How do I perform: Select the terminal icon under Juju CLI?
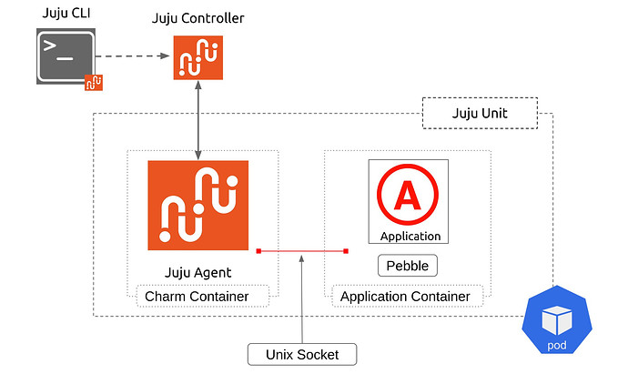tap(66, 56)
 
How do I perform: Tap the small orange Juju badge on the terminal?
tap(93, 83)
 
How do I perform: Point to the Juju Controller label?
tap(198, 18)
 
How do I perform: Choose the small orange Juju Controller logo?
tap(198, 56)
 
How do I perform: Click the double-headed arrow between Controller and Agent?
tap(198, 118)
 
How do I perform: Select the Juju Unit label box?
tap(480, 114)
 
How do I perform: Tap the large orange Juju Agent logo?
tap(198, 205)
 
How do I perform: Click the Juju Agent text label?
tap(198, 271)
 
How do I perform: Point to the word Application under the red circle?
tap(410, 237)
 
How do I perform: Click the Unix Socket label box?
tap(301, 354)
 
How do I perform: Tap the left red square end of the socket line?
tap(258, 250)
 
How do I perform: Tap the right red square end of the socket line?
tap(346, 250)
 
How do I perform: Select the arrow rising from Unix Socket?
tap(301, 300)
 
